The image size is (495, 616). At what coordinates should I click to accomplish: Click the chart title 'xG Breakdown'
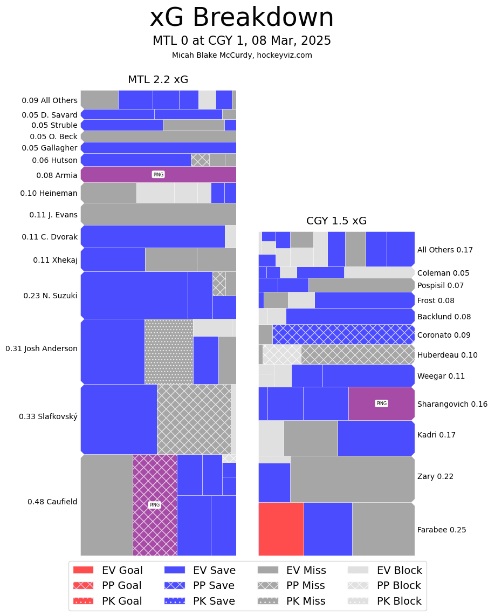[x=242, y=18]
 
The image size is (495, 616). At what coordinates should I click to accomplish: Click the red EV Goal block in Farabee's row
[x=281, y=529]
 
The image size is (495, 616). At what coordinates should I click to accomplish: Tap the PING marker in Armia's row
[x=158, y=175]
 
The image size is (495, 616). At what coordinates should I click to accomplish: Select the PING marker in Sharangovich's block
[x=381, y=403]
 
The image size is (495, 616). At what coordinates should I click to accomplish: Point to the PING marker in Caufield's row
[x=155, y=505]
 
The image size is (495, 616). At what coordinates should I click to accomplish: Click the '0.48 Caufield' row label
[x=52, y=502]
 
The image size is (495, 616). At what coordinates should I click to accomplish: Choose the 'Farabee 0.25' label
[x=442, y=530]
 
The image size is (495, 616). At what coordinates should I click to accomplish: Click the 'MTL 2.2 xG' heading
[x=158, y=80]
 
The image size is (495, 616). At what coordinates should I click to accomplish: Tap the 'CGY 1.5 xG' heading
[x=336, y=221]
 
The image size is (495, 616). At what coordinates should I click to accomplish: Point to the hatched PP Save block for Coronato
[x=343, y=334]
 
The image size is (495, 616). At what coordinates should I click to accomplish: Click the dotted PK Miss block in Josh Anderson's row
[x=169, y=352]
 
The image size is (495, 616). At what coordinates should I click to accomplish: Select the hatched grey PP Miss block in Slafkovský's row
[x=194, y=419]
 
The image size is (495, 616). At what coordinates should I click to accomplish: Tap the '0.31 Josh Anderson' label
[x=42, y=348]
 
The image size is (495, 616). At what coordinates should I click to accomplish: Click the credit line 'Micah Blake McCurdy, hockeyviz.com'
[x=242, y=55]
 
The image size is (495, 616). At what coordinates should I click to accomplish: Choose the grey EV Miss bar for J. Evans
[x=159, y=214]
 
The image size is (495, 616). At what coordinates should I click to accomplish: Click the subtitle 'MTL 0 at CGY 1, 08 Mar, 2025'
[x=242, y=41]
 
